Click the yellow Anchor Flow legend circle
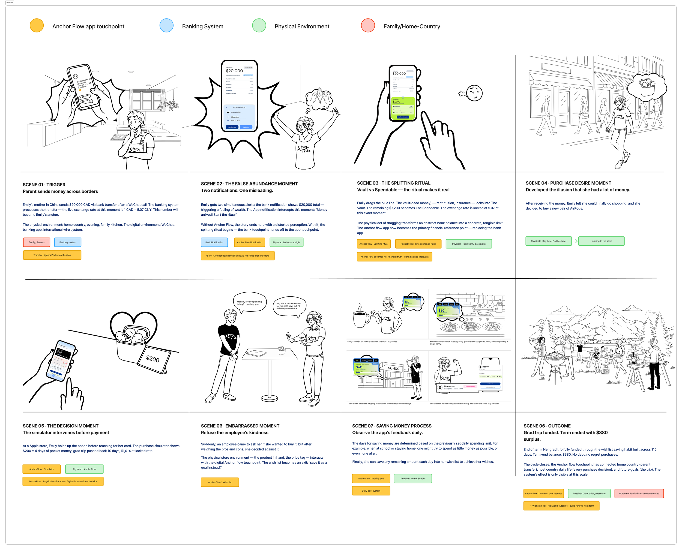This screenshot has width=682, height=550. [37, 26]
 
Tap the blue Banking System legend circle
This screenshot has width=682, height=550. [166, 26]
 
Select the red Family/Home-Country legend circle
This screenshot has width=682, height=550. [368, 26]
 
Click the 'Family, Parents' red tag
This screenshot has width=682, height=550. [37, 242]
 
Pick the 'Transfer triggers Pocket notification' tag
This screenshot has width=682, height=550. [52, 255]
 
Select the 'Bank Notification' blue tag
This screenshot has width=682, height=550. [214, 242]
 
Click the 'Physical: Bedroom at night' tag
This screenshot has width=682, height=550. [286, 242]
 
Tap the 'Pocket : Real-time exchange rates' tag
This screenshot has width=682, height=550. [418, 244]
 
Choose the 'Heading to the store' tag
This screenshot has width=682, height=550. [601, 241]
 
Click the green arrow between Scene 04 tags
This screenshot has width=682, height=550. [575, 241]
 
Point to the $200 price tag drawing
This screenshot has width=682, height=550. [153, 359]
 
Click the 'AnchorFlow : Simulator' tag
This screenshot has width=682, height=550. [41, 469]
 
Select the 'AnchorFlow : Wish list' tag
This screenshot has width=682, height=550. [220, 482]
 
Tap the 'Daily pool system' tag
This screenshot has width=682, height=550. [371, 491]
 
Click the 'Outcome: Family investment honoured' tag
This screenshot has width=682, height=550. [639, 494]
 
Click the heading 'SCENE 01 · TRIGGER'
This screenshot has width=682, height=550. [44, 185]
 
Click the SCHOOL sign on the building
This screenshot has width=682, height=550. [394, 368]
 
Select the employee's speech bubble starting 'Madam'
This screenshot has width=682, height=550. [249, 303]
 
